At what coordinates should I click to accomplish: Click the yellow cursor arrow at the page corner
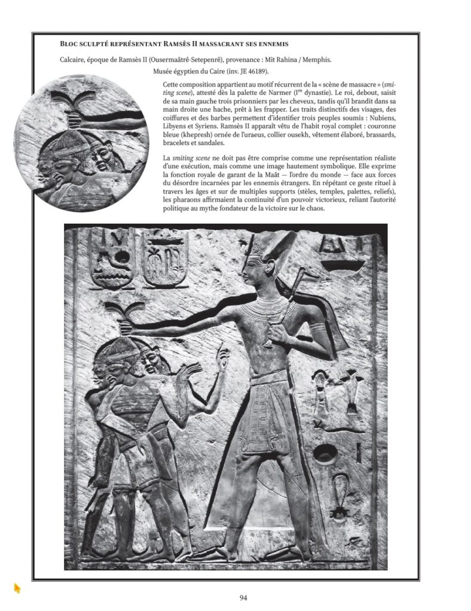point(17,588)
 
